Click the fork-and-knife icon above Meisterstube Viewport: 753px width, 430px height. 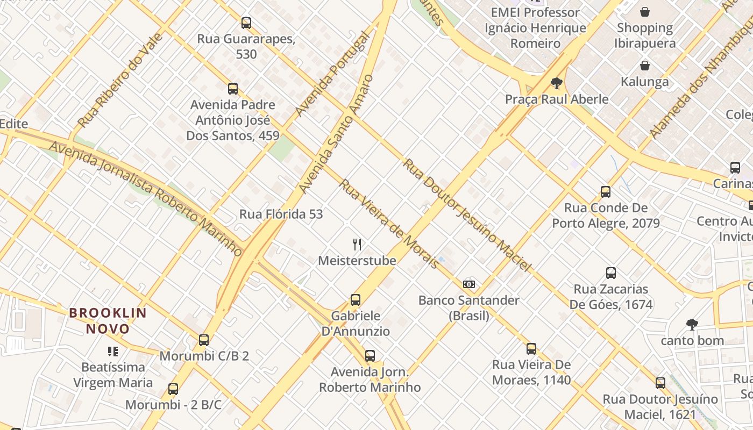357,245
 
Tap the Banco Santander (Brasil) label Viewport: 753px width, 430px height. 468,308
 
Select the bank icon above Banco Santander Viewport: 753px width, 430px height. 469,284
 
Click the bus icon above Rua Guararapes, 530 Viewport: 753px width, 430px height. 246,23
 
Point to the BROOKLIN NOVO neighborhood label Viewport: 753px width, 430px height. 108,321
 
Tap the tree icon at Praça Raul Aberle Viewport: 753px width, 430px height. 557,83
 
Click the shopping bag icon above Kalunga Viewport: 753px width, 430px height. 644,66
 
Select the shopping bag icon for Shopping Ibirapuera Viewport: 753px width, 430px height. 644,11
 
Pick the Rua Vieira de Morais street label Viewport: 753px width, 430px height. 389,224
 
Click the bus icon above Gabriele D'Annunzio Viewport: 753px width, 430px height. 356,300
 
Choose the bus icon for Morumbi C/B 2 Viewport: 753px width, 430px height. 204,340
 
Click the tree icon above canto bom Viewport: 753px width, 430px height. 692,324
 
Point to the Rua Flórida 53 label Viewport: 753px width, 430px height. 281,214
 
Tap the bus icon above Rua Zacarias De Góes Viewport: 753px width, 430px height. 611,273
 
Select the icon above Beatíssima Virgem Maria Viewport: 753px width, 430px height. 113,352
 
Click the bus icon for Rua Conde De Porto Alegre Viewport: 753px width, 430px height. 606,191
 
